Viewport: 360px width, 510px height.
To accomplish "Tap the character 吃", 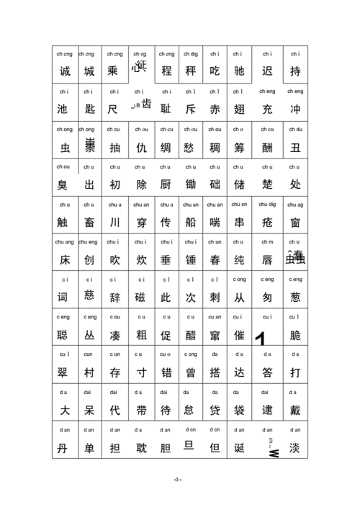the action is click(215, 72).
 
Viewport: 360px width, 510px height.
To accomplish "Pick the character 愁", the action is click(190, 148).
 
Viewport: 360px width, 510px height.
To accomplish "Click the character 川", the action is click(115, 223).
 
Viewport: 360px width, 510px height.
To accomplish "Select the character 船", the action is click(190, 223).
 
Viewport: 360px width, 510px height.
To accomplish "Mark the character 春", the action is click(215, 259).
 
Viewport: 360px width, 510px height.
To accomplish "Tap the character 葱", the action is click(294, 297).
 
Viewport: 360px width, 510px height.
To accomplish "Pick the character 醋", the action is click(190, 335).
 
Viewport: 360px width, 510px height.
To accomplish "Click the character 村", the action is click(89, 372).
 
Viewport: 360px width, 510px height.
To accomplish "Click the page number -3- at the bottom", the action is click(178, 480).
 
